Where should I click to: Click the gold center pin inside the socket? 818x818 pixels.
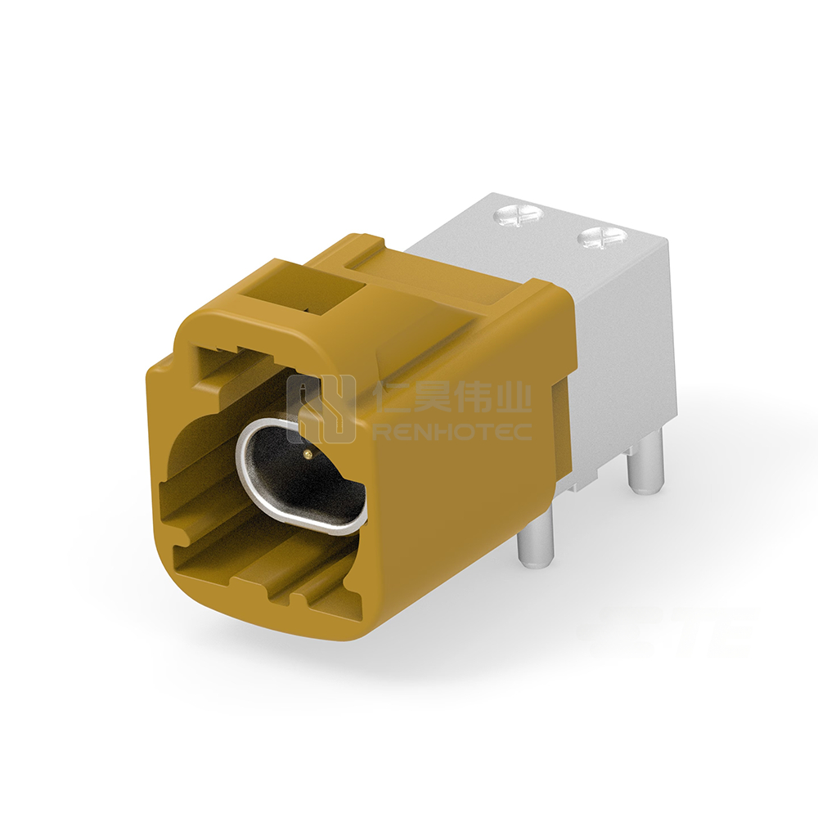[308, 456]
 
